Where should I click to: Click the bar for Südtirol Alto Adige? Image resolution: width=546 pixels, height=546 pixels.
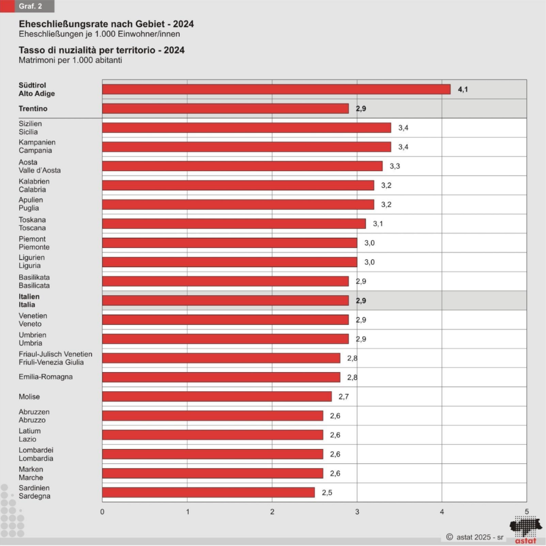(276, 89)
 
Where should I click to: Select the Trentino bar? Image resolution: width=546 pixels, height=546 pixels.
(225, 108)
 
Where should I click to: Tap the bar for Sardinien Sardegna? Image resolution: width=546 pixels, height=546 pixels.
(208, 492)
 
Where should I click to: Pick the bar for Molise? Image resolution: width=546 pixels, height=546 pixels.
(216, 396)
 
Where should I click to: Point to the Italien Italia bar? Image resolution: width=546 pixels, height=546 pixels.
(225, 300)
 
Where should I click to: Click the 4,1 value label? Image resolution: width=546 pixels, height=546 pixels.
(463, 89)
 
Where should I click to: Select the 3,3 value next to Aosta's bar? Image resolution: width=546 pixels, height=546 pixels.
(395, 166)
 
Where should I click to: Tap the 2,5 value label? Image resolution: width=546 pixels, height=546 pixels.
(327, 492)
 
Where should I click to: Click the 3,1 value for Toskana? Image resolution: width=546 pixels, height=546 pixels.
(378, 223)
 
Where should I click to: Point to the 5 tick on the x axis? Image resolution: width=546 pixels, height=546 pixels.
(527, 511)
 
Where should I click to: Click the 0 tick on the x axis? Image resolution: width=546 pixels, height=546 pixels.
(102, 511)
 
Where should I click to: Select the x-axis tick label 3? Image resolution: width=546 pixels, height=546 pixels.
(357, 511)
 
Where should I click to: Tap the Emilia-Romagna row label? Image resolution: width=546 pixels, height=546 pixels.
(45, 377)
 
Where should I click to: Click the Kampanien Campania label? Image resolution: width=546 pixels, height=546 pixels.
(37, 147)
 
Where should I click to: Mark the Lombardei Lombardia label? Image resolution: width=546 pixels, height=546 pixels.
(36, 454)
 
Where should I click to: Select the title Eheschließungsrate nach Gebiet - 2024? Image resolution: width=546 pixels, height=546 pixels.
(106, 25)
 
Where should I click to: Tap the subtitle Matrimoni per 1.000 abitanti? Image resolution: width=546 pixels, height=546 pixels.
(70, 60)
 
